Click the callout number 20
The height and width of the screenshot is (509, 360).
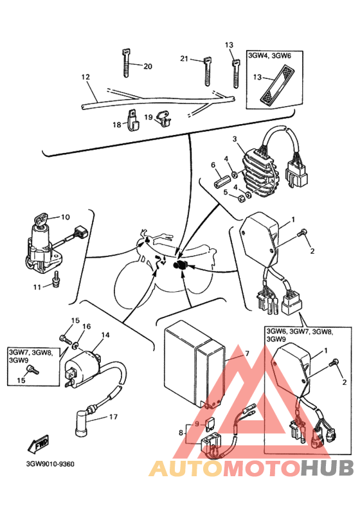coord(148,66)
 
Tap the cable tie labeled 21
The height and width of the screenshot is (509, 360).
coord(208,72)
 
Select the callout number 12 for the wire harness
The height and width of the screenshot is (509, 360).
coord(85,77)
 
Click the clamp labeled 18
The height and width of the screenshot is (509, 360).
coord(132,120)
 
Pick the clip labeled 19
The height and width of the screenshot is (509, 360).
coord(163,118)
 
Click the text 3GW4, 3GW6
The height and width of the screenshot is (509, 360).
coord(269,55)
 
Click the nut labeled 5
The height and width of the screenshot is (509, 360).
coord(241,198)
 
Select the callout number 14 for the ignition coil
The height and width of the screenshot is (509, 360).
coord(105,335)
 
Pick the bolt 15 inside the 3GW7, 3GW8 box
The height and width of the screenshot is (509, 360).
coord(33,370)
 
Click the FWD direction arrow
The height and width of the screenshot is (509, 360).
coord(39,443)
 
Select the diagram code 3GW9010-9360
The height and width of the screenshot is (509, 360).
coord(50,464)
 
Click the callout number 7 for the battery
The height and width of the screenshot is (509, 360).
coord(247,353)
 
